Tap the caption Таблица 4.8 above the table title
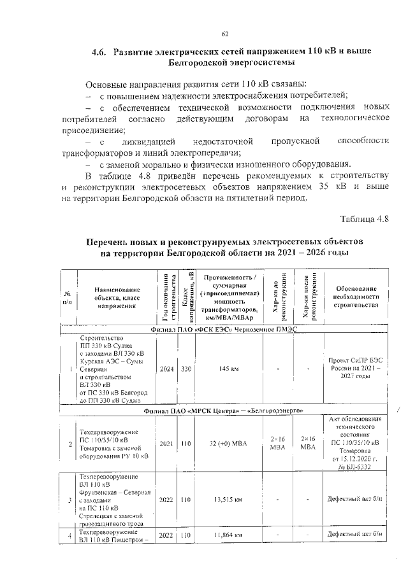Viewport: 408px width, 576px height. (364, 220)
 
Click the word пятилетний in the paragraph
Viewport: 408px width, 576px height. (228, 197)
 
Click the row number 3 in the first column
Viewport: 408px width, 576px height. (68, 500)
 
